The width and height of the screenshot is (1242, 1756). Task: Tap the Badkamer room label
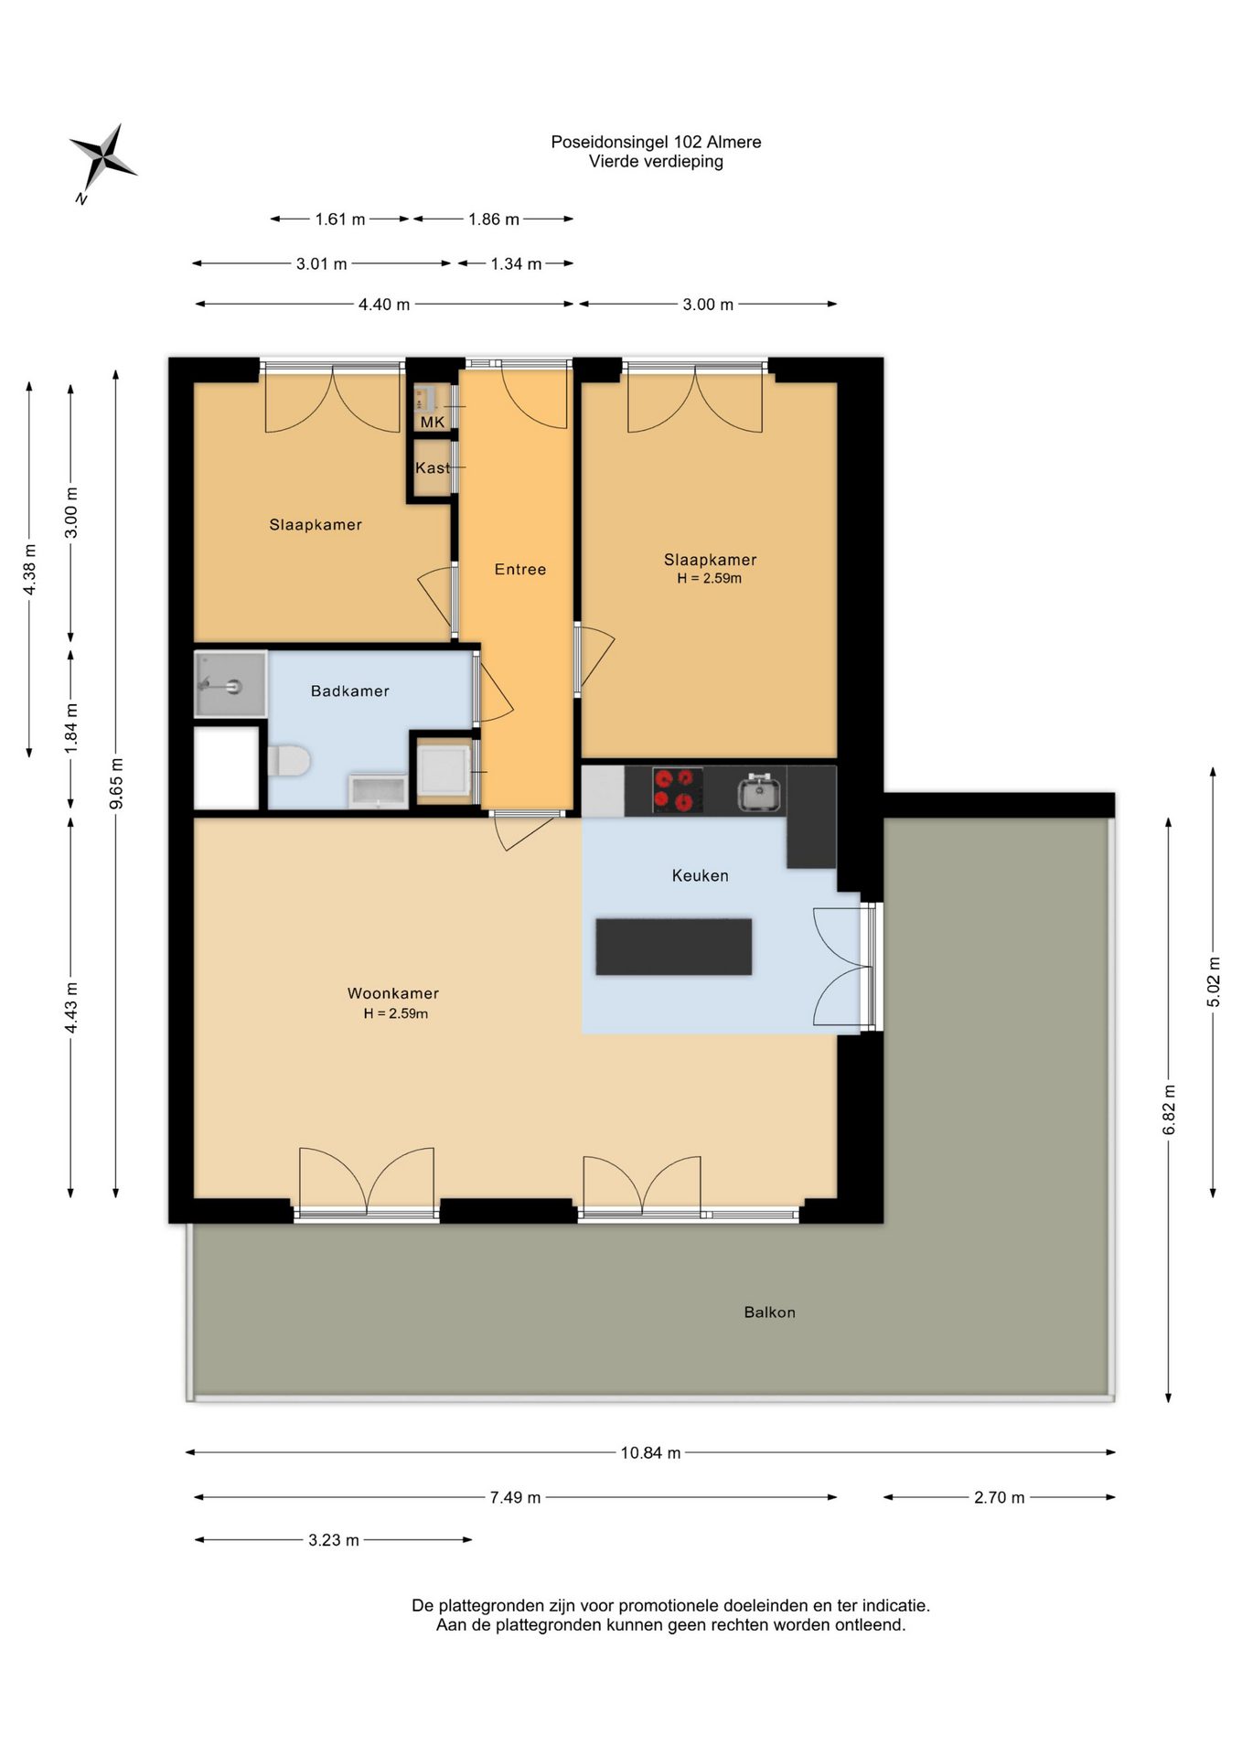click(x=350, y=691)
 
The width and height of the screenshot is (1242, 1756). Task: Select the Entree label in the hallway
click(x=520, y=570)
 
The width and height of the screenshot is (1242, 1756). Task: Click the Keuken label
click(x=701, y=876)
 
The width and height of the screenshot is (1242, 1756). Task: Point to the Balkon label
click(x=770, y=1312)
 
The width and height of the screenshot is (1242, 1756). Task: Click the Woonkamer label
click(x=393, y=993)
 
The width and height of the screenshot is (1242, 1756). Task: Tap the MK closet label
click(x=433, y=422)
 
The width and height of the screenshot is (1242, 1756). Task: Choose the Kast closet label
click(x=433, y=468)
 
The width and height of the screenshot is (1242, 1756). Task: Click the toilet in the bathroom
click(x=289, y=761)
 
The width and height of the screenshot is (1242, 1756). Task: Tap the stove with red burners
click(x=678, y=790)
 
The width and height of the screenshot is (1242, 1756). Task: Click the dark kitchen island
click(x=674, y=947)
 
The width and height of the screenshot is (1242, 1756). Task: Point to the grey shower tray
click(x=230, y=684)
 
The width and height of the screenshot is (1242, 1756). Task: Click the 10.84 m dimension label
click(x=650, y=1453)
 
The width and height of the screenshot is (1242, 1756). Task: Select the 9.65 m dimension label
click(x=116, y=784)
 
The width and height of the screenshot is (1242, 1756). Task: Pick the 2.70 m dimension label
click(x=999, y=1498)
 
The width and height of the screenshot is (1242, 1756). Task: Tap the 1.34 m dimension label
click(x=516, y=264)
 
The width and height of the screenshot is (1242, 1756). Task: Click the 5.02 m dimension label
click(x=1214, y=982)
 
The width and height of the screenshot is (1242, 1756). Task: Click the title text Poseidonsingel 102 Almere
click(x=656, y=142)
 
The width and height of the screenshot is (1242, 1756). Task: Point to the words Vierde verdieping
click(x=656, y=162)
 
